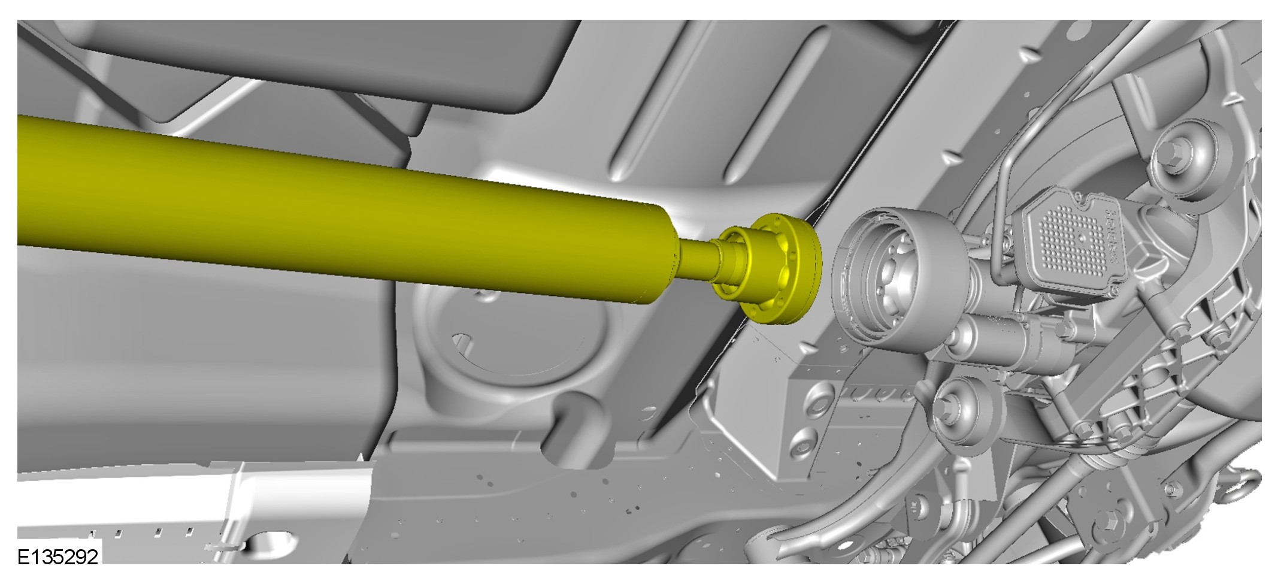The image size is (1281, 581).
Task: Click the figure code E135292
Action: coord(57,557)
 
